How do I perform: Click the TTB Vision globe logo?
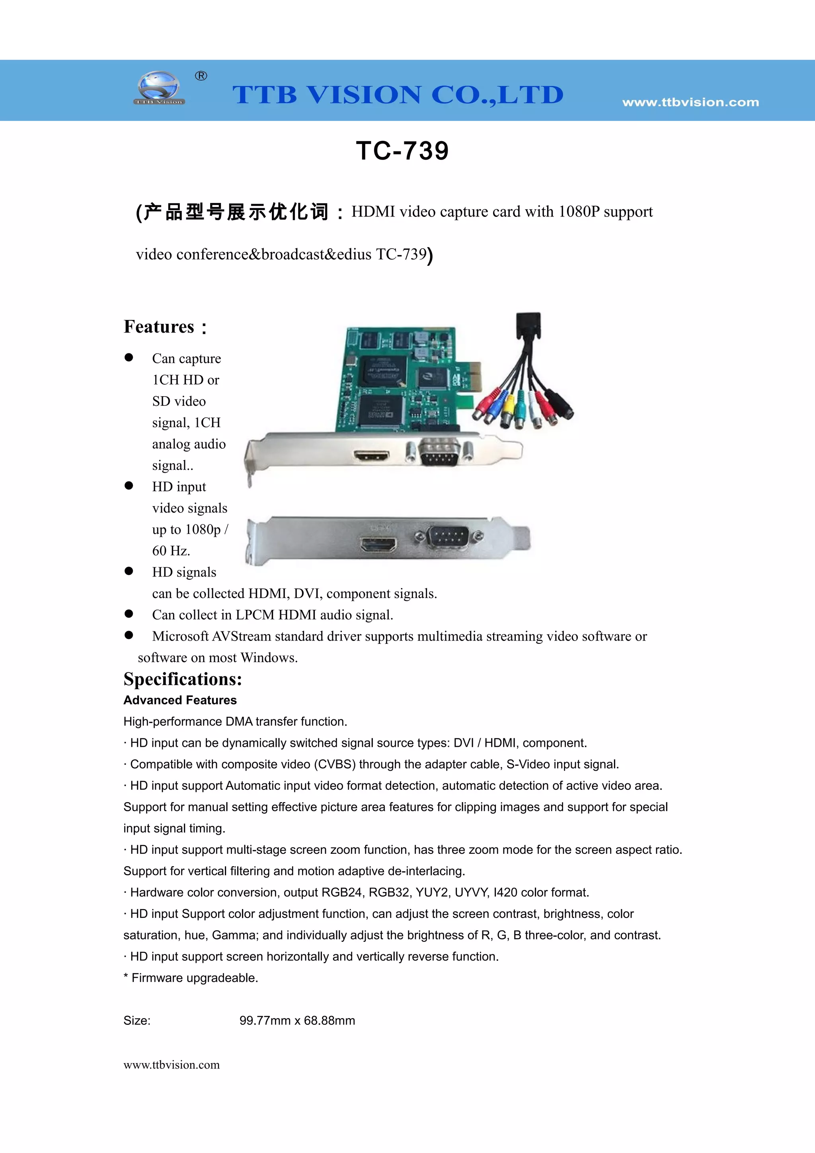(159, 88)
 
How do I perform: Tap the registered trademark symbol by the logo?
(201, 76)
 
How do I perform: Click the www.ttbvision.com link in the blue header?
(690, 102)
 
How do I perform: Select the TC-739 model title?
(402, 151)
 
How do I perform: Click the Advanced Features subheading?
(180, 700)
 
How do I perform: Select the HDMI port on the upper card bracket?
(372, 456)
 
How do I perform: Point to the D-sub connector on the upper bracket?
(439, 452)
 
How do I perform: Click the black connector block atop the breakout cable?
(529, 325)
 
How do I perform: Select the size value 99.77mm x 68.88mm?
(297, 1021)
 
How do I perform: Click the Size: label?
(137, 1021)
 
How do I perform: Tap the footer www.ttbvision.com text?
(172, 1065)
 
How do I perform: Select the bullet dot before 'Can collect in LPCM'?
(129, 614)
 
